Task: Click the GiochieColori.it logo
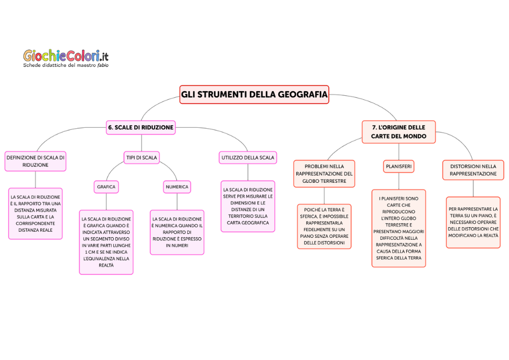click(x=66, y=55)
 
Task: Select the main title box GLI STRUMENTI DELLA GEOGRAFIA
click(x=254, y=94)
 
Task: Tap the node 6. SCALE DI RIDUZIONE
click(x=140, y=127)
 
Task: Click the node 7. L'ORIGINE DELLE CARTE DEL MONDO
click(x=399, y=132)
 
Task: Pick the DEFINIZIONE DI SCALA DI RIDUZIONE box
click(x=35, y=161)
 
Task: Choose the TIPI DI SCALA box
click(x=142, y=158)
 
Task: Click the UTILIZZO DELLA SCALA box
click(x=248, y=158)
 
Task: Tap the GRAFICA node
click(x=106, y=187)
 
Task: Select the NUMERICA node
click(x=177, y=187)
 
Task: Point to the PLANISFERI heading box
click(x=399, y=167)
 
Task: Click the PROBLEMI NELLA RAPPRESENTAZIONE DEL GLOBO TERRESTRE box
click(x=324, y=174)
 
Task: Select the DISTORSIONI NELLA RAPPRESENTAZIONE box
click(x=473, y=170)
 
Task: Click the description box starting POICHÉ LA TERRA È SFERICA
click(x=324, y=226)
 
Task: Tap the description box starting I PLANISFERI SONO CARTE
click(x=399, y=228)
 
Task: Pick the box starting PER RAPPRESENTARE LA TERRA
click(x=473, y=223)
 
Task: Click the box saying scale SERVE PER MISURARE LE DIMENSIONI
click(x=248, y=206)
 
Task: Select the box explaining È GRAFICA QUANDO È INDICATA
click(x=106, y=242)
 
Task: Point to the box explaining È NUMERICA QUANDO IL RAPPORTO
click(x=177, y=232)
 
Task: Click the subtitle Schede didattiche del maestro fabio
click(x=66, y=65)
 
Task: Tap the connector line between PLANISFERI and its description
click(x=399, y=181)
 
